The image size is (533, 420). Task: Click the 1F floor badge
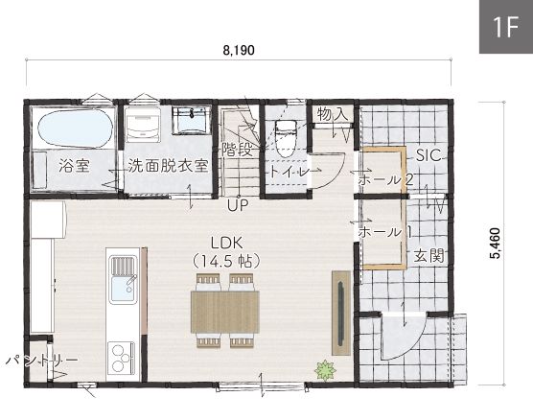point(506,27)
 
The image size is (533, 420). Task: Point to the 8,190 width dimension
point(239,50)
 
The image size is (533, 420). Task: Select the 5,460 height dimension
point(496,244)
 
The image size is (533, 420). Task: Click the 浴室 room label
point(74,165)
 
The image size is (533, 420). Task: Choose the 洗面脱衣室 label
point(168,165)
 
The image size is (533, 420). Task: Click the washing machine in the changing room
point(143,125)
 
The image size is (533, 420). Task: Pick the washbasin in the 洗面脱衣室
point(191,121)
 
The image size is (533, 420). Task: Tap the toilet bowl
point(286,138)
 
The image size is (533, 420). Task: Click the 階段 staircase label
point(238,150)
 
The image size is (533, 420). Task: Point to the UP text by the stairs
point(238,205)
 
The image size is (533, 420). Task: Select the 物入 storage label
point(333,114)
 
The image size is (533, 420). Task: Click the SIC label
point(429,155)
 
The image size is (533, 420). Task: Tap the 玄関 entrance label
point(429,256)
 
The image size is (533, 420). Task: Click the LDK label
point(227,244)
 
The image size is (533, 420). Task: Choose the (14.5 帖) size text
point(226,262)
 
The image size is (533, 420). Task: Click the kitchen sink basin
point(123,289)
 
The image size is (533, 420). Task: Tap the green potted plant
point(325,370)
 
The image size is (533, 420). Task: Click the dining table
point(225,312)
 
